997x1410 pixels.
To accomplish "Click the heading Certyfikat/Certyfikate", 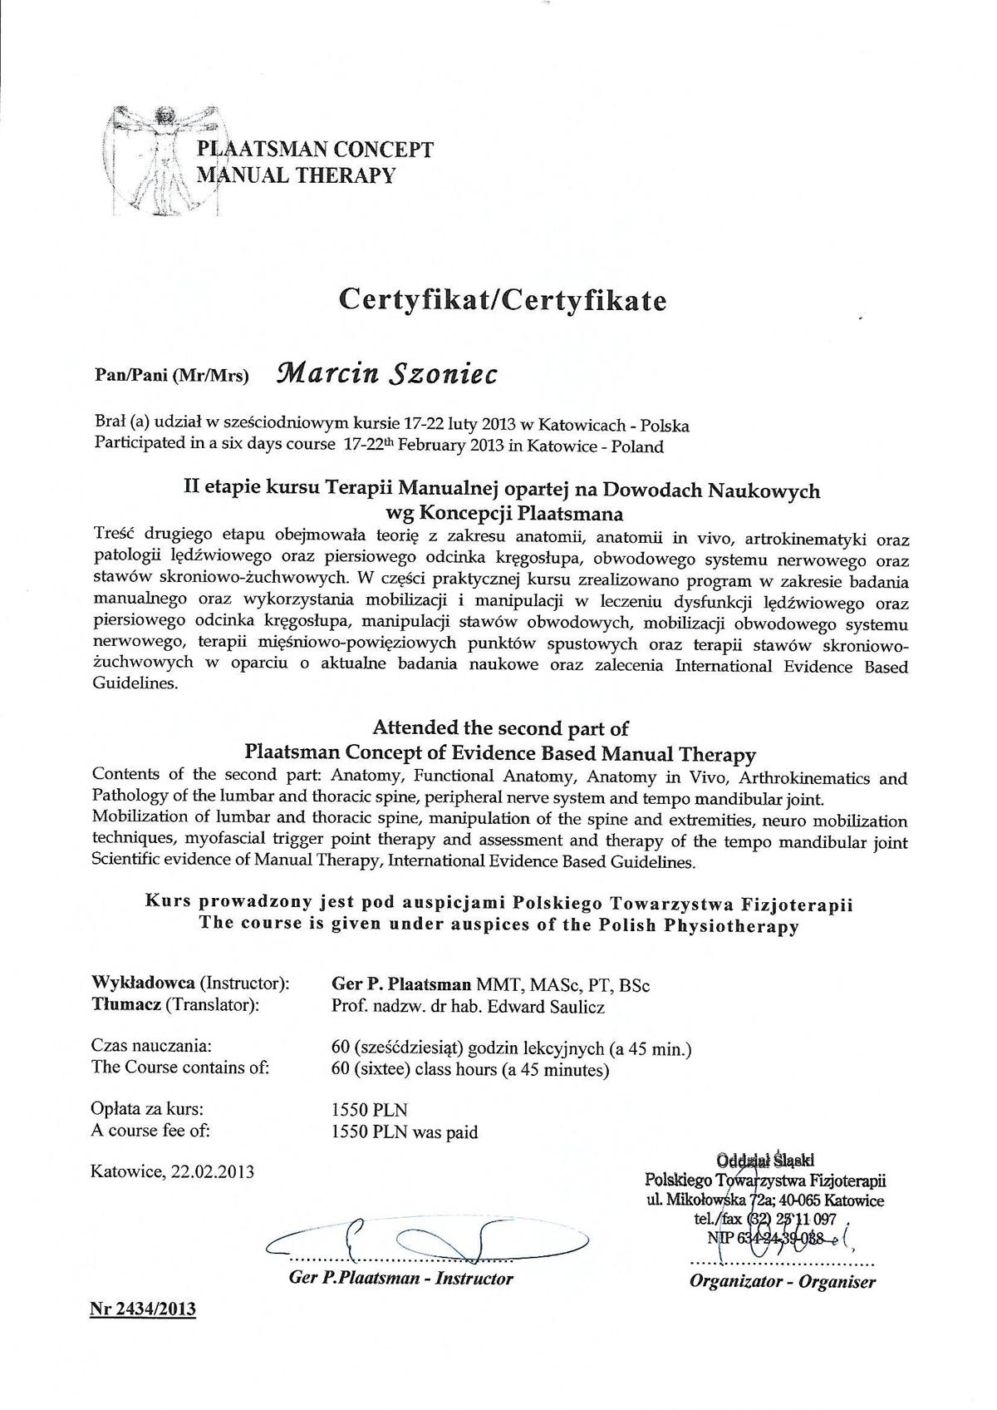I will (x=502, y=300).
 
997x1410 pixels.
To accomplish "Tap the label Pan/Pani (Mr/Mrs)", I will (x=172, y=375).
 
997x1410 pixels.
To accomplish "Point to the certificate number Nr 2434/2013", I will (x=143, y=1309).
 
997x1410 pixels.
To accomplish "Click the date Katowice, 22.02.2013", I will (x=173, y=1171).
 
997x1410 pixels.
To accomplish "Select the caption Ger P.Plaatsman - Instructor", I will (x=400, y=1278).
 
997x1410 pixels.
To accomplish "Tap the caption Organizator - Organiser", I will (x=782, y=1281).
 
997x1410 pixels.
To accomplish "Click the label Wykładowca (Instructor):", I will (x=190, y=984).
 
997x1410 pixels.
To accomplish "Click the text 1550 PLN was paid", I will (x=404, y=1131).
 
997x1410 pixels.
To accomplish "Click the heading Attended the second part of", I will (x=500, y=728).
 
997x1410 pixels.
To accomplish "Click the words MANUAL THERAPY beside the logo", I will (x=295, y=175).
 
